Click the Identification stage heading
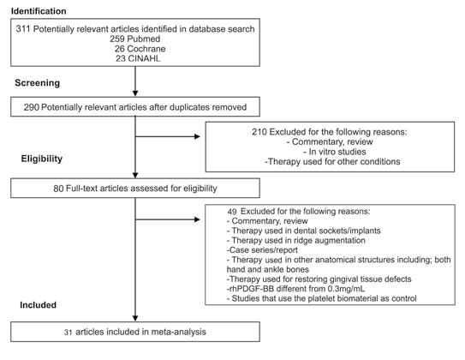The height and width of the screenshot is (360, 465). (39, 11)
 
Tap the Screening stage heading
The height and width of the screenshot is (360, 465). (38, 83)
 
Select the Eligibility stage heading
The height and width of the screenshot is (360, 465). (41, 159)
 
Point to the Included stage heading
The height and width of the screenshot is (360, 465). (38, 305)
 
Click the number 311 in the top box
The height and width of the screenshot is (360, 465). (23, 29)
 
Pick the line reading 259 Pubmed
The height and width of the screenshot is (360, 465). (135, 39)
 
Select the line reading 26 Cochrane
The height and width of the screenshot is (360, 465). (140, 49)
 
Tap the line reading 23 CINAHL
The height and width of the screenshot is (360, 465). (138, 58)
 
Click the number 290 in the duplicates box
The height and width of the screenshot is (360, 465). (32, 107)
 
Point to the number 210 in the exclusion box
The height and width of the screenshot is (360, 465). (259, 132)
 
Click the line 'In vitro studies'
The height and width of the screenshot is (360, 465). (335, 152)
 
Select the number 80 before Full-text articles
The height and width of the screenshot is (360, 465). (58, 189)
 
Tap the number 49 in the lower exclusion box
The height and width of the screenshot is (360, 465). (232, 212)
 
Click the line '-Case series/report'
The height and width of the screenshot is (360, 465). (262, 250)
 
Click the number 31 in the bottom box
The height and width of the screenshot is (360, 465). (69, 332)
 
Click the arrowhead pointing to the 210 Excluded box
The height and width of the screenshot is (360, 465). (197, 136)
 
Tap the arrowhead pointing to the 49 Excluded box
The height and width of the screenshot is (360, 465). (197, 219)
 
